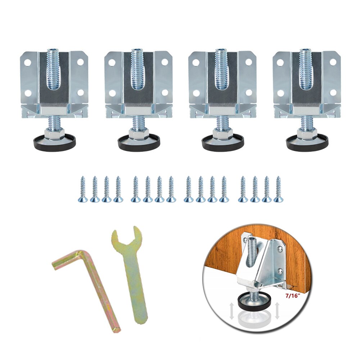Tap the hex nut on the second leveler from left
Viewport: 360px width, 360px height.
[x=139, y=134]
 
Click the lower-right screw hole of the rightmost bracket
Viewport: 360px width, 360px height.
[x=333, y=93]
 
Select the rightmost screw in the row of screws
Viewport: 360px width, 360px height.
[x=278, y=189]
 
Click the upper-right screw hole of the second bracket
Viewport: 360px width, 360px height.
[x=165, y=62]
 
